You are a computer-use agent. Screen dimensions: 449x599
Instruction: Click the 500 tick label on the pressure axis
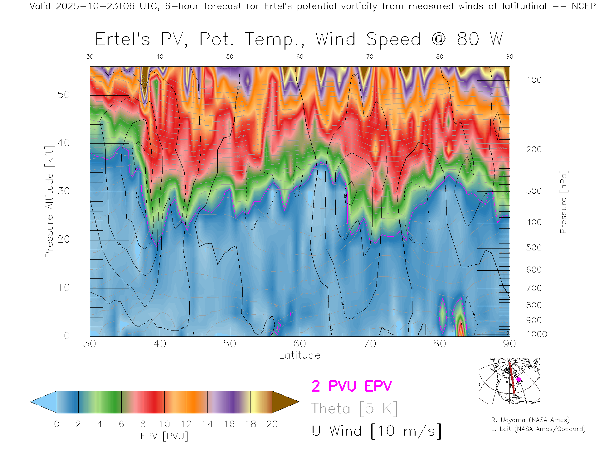(x=534, y=248)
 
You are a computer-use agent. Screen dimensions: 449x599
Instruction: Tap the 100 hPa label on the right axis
(x=534, y=80)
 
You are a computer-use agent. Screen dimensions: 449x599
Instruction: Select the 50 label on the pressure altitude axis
(x=64, y=94)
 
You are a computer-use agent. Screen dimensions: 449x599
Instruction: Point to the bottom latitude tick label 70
(x=370, y=344)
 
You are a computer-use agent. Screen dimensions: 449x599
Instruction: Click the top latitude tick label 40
(x=160, y=56)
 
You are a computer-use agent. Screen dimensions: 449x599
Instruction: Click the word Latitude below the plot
(x=299, y=355)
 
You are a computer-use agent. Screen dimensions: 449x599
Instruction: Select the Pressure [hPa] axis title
(x=563, y=202)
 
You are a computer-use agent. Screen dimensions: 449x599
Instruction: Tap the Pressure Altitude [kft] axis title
(x=50, y=202)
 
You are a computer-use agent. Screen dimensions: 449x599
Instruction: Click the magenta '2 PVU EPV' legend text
(x=352, y=386)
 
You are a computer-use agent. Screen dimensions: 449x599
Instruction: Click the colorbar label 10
(x=164, y=424)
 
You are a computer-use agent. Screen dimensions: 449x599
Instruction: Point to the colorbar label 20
(x=272, y=424)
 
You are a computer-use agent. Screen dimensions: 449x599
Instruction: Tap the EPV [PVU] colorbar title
(x=164, y=436)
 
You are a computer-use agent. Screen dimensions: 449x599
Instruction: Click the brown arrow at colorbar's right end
(x=285, y=402)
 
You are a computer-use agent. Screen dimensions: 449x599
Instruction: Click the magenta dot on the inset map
(x=519, y=379)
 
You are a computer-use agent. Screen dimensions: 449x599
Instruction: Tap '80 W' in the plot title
(x=480, y=39)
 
